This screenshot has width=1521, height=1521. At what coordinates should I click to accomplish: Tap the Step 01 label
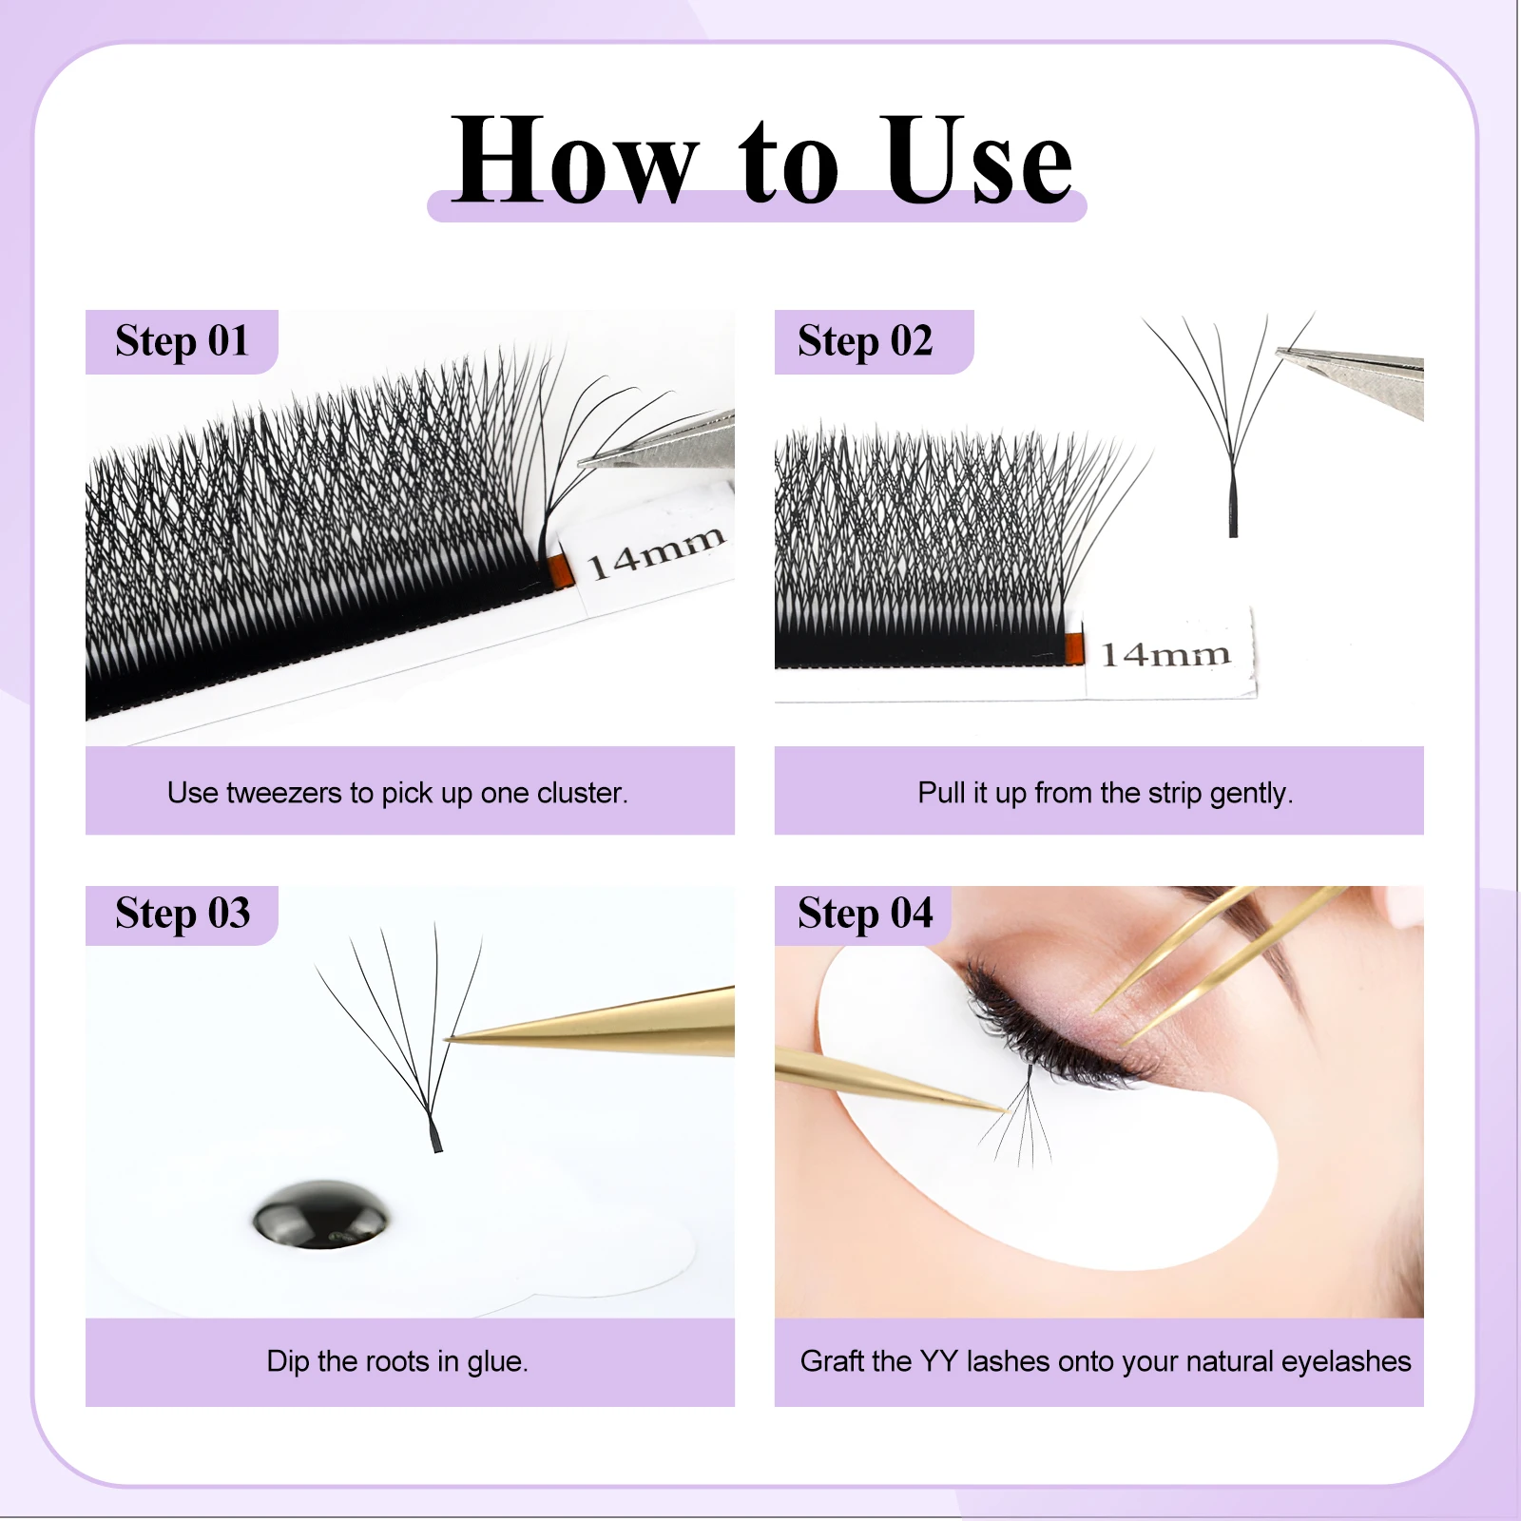click(x=182, y=341)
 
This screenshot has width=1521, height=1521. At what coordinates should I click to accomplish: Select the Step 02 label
click(x=865, y=341)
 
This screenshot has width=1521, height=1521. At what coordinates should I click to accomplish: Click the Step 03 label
click(x=183, y=914)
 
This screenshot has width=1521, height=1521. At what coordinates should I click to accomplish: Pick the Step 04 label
click(x=865, y=914)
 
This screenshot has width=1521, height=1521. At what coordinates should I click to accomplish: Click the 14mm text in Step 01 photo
click(x=656, y=552)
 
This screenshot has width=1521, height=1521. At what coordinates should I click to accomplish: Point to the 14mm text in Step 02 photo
click(x=1165, y=654)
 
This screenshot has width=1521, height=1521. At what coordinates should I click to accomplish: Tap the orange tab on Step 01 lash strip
click(x=562, y=568)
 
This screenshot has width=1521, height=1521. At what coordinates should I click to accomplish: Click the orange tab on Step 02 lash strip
click(x=1074, y=647)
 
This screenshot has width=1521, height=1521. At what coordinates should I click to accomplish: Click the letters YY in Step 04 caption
click(x=938, y=1361)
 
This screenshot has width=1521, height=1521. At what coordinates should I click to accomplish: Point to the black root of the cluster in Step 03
click(x=435, y=1133)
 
